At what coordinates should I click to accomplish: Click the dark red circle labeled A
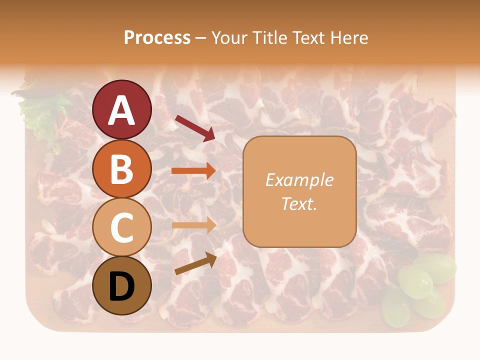click(122, 109)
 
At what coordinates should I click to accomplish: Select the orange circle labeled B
click(122, 168)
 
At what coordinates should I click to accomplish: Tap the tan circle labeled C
click(122, 227)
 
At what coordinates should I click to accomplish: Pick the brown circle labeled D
click(122, 285)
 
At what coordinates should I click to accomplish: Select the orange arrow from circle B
click(193, 170)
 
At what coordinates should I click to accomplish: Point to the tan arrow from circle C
click(193, 225)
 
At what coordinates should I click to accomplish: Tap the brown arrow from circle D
click(195, 263)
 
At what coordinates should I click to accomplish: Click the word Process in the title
click(157, 37)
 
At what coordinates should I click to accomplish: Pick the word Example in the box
click(299, 180)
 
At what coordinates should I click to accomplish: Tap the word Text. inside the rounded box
click(299, 203)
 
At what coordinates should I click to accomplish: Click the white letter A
click(122, 110)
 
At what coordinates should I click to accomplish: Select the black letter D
click(122, 286)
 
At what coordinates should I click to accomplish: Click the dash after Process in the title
click(200, 38)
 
